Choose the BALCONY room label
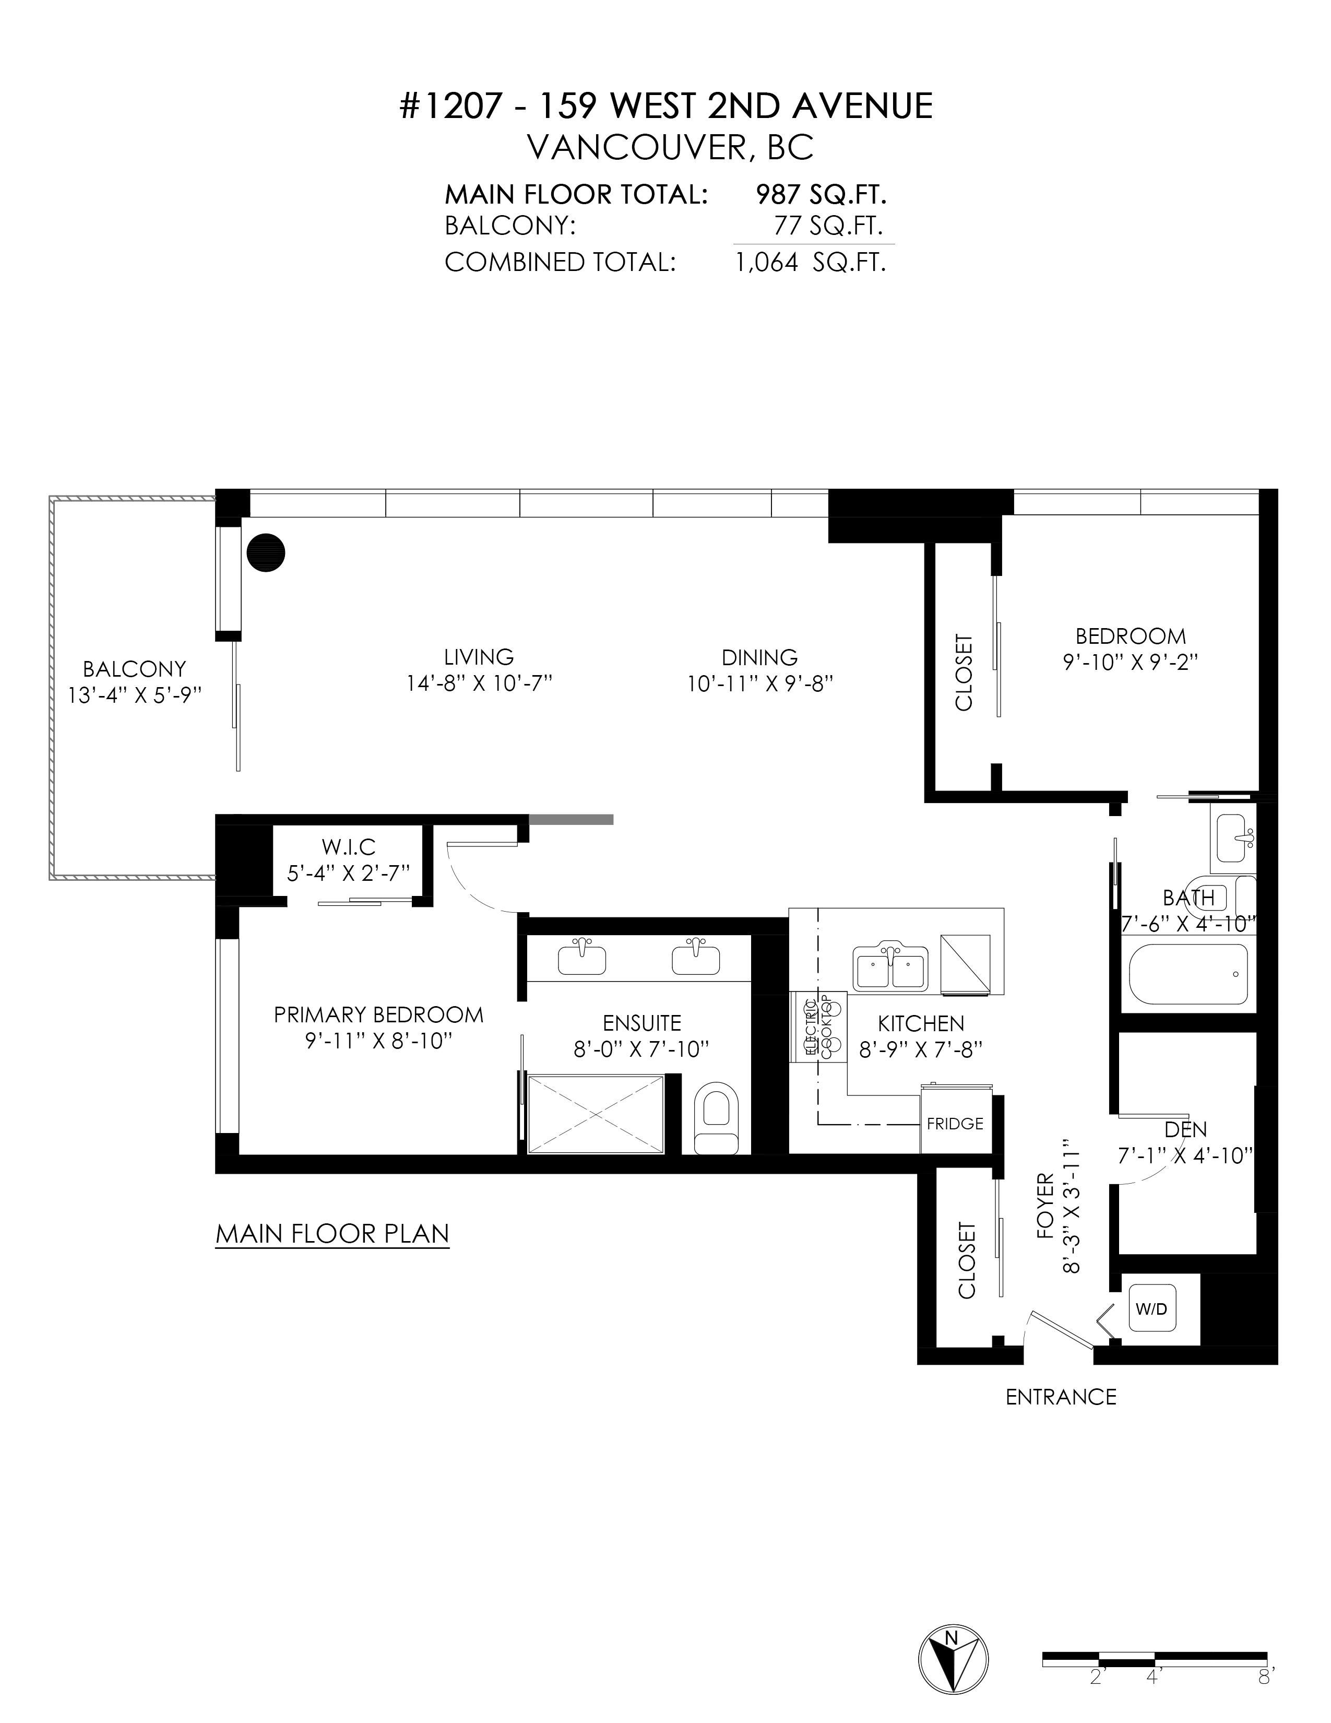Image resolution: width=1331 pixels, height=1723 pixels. pyautogui.click(x=134, y=669)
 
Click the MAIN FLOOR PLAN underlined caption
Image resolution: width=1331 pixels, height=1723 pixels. pyautogui.click(x=332, y=1234)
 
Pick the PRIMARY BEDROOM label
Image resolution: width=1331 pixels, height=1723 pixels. pyautogui.click(x=378, y=1014)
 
